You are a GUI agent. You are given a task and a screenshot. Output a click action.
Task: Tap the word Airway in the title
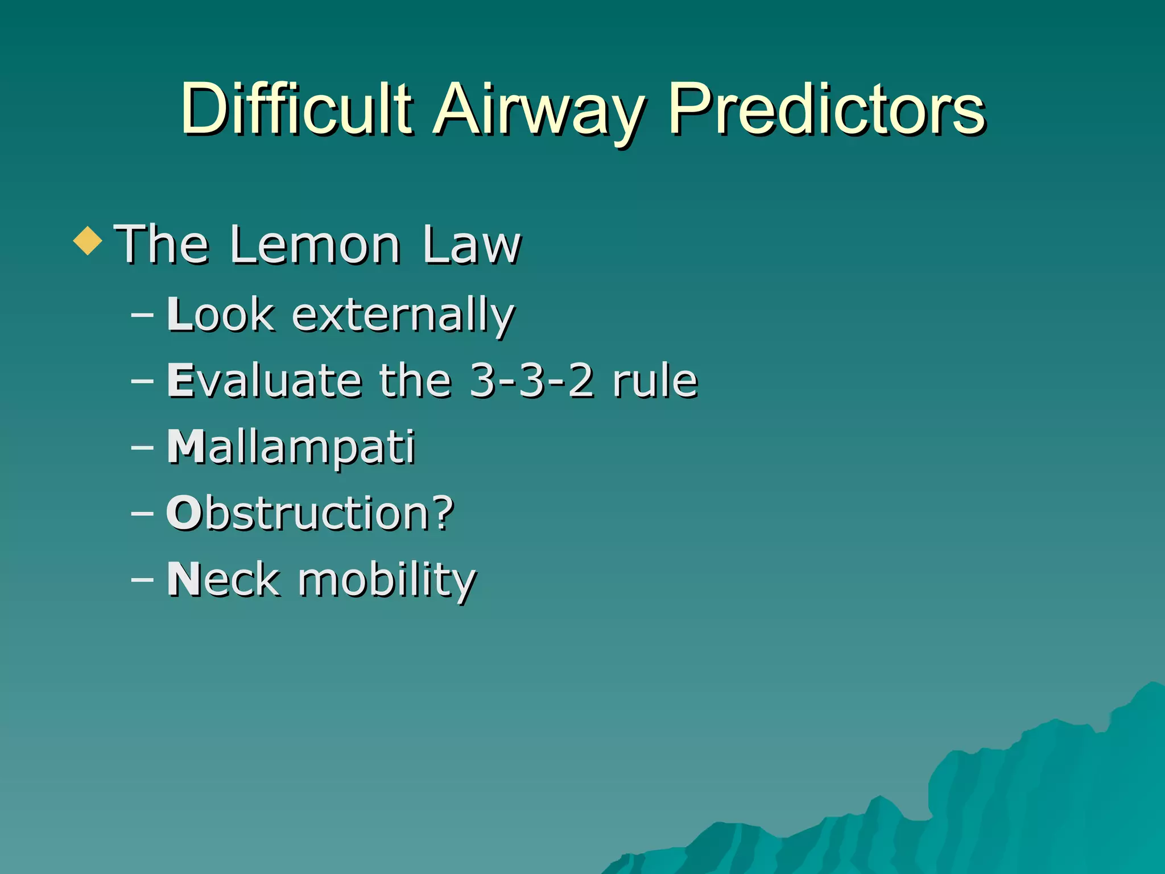click(x=538, y=111)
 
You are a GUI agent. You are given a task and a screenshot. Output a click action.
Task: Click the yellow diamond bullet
click(x=88, y=241)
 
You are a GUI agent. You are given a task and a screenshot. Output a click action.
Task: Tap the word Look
click(x=221, y=315)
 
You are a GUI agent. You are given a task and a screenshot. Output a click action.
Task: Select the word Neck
click(x=224, y=579)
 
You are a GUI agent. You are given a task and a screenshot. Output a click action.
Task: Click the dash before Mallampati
click(x=142, y=447)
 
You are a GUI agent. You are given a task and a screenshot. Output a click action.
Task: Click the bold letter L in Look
click(x=180, y=314)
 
